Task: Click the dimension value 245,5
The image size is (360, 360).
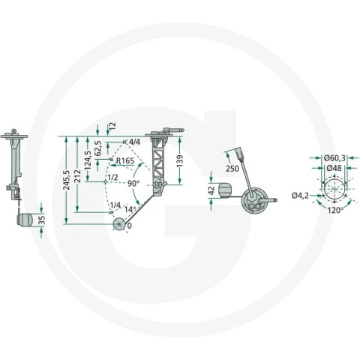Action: pyautogui.click(x=67, y=181)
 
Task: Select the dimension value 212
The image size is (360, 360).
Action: pyautogui.click(x=77, y=175)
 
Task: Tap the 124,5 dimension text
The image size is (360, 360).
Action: pyautogui.click(x=88, y=160)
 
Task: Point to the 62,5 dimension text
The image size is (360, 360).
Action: pyautogui.click(x=98, y=148)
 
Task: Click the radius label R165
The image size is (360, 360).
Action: pyautogui.click(x=125, y=160)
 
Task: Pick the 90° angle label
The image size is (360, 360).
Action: pyautogui.click(x=133, y=183)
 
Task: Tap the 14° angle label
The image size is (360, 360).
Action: pyautogui.click(x=130, y=209)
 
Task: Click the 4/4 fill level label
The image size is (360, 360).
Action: pyautogui.click(x=134, y=142)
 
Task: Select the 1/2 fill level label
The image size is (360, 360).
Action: pyautogui.click(x=112, y=178)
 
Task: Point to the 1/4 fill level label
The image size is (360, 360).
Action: pyautogui.click(x=115, y=205)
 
